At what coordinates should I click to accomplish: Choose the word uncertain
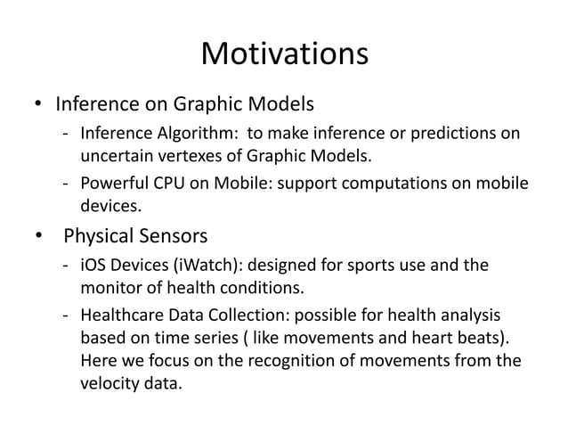point(114,158)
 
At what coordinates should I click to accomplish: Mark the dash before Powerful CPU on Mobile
point(66,184)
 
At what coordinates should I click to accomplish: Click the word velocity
point(110,385)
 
